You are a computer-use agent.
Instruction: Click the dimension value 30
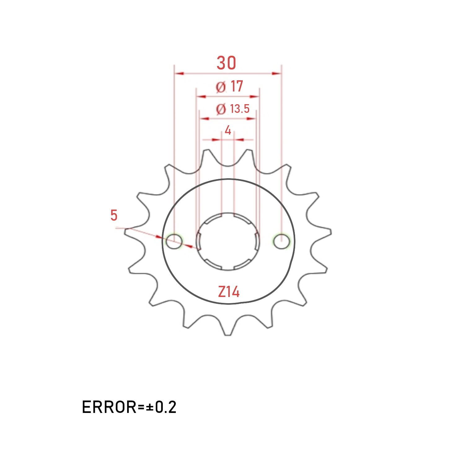[x=226, y=63]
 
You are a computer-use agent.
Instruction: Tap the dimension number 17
[x=237, y=86]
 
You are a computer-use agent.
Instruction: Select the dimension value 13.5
[x=240, y=109]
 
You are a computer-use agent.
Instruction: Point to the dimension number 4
[x=228, y=130]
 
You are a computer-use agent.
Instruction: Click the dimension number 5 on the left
[x=114, y=215]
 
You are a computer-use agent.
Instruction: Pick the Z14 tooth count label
[x=229, y=292]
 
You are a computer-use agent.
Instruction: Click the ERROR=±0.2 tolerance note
[x=129, y=407]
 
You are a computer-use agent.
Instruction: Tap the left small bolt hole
[x=174, y=241]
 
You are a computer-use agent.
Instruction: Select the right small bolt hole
[x=281, y=241]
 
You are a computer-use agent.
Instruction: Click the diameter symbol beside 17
[x=221, y=87]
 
